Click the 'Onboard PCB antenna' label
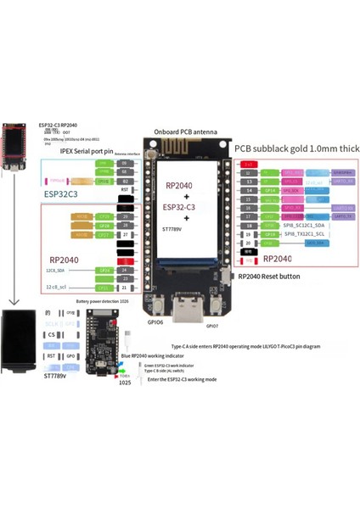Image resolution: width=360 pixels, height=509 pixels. [x=186, y=133]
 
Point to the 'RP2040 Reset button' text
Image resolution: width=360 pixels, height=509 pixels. [x=270, y=276]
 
